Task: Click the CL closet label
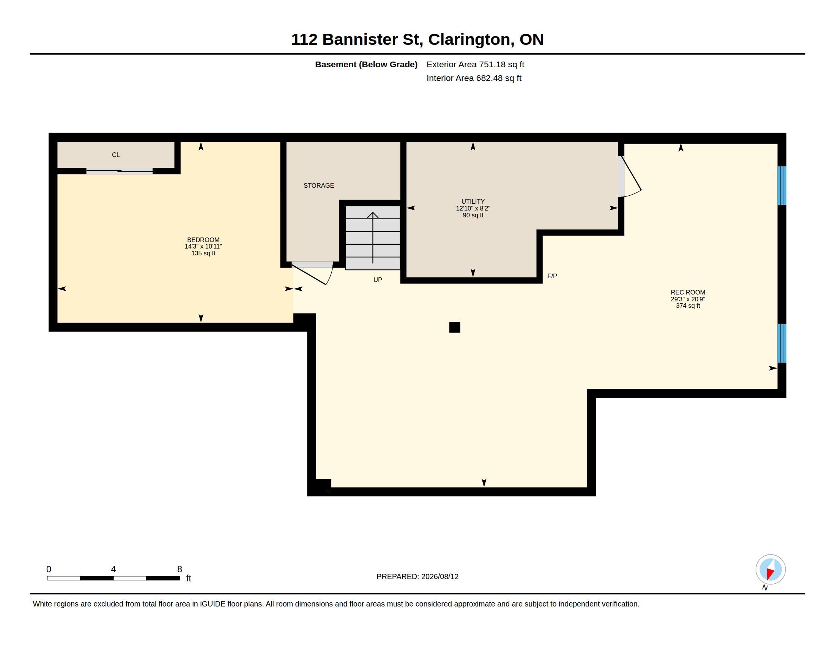coord(116,155)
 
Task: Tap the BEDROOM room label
coord(203,240)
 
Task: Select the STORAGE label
coord(319,185)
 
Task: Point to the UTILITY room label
coord(473,201)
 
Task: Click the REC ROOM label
coord(688,292)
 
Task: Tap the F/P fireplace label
coord(552,276)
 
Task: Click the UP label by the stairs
coord(378,280)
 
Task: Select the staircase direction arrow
coord(373,237)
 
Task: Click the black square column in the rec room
coord(455,327)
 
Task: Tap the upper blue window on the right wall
coord(782,185)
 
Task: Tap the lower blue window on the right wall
coord(782,343)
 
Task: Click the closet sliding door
coord(119,171)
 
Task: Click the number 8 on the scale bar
coord(180,569)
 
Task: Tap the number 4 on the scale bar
coord(113,569)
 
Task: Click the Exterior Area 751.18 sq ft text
coord(475,64)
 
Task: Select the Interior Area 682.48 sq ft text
coord(474,78)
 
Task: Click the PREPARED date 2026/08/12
coord(440,576)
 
